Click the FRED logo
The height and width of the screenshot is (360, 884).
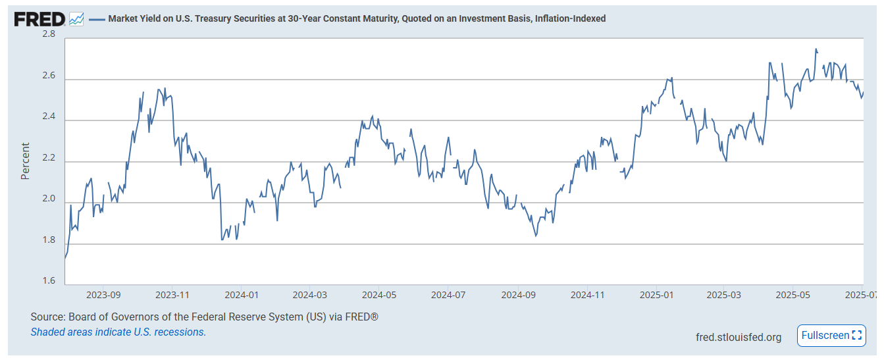click(39, 19)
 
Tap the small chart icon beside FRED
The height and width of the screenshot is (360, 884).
click(76, 19)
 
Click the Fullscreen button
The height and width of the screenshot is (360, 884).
click(831, 336)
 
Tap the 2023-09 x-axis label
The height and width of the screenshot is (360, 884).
click(103, 295)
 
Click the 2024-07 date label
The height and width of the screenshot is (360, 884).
click(449, 295)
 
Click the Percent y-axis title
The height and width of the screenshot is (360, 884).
click(26, 161)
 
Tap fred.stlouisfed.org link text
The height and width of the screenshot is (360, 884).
click(739, 337)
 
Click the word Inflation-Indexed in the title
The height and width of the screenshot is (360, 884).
click(571, 18)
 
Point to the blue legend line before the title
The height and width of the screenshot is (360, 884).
click(97, 19)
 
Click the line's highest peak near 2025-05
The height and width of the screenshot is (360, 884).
click(816, 49)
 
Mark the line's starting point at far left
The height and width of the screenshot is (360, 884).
click(65, 259)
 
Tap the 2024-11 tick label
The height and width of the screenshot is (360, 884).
click(587, 295)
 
